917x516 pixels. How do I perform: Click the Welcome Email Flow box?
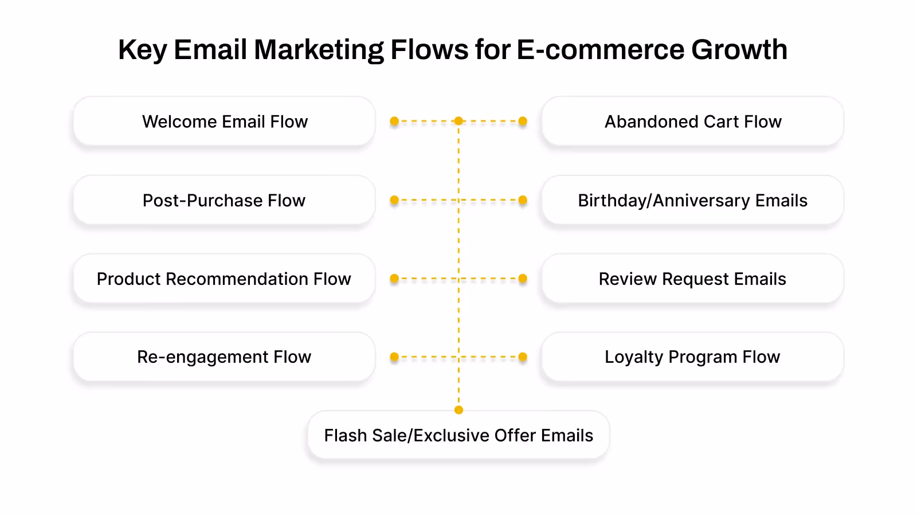coord(224,122)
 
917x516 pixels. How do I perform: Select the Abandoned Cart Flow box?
coord(692,122)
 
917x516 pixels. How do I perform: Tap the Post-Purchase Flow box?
coord(224,200)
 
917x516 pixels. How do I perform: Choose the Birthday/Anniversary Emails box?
coord(692,200)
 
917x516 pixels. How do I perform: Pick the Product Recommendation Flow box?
coord(224,279)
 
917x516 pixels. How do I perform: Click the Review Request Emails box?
coord(692,279)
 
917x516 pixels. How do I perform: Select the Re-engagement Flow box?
coord(224,357)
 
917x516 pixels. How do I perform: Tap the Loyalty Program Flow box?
coord(692,357)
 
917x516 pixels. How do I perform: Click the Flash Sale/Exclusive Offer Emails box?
coord(458,435)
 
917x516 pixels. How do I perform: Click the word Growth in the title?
coord(739,50)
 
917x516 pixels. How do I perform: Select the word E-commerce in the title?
coord(600,50)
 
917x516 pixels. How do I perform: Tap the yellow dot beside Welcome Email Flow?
coord(394,122)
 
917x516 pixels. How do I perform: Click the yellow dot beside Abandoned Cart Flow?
coord(523,122)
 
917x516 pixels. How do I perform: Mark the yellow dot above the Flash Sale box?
coord(458,410)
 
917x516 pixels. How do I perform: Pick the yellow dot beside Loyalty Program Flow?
coord(523,357)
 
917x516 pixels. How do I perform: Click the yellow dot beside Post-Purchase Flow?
coord(394,200)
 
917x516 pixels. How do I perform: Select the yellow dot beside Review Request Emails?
coord(523,279)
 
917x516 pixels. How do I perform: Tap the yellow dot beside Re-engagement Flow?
coord(394,357)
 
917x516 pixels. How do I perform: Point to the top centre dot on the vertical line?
coord(458,121)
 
